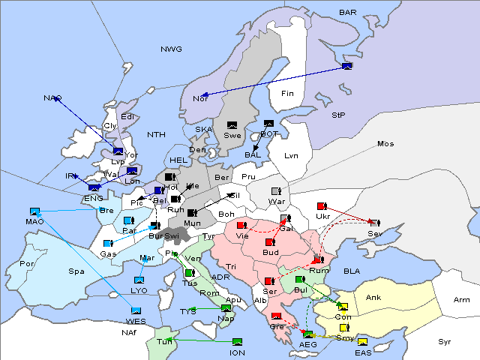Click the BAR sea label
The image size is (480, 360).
coord(348,13)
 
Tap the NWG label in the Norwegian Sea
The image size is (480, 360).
coord(171,49)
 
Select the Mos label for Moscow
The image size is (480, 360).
coord(385,144)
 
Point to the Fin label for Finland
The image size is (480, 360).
coord(286,94)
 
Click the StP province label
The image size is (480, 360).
coord(338,115)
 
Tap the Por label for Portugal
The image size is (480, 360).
coord(27,264)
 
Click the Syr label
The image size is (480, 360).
coord(445,342)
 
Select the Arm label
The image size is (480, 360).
coord(462,300)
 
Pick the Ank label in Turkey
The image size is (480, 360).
coord(373,298)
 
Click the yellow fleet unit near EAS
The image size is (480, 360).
coord(362,343)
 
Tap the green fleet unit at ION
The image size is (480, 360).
coord(238,343)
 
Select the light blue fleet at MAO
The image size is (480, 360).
coord(34,211)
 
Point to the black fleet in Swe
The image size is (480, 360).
coord(232,124)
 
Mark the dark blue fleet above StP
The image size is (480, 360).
coord(346,67)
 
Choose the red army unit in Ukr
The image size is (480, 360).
coord(322,206)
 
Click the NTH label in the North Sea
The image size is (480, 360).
coord(156,135)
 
